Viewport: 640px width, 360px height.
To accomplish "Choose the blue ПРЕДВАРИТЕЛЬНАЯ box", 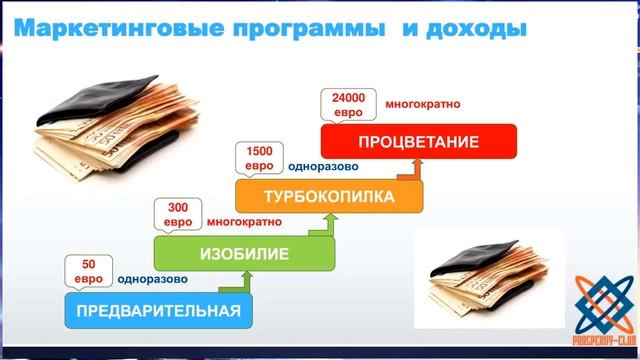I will (x=158, y=310).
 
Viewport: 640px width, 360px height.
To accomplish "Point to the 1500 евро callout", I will (x=259, y=158).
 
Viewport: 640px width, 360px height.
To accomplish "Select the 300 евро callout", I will (x=177, y=214).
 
